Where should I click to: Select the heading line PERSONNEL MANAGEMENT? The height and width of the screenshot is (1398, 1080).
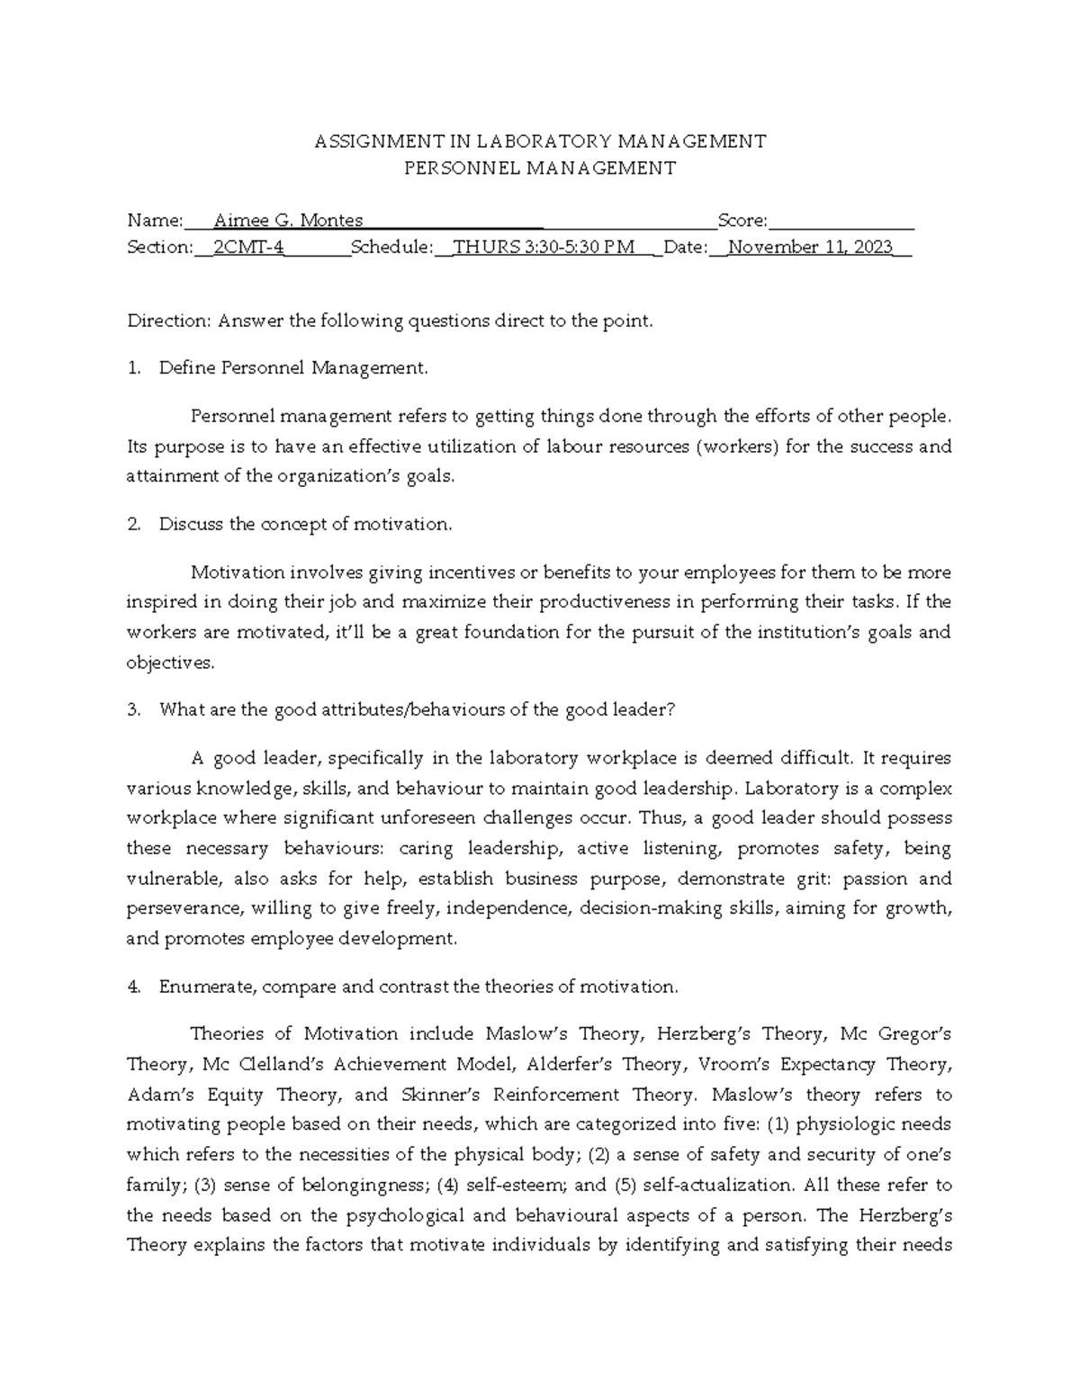click(539, 167)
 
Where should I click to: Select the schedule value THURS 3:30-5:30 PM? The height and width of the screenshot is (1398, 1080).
click(544, 248)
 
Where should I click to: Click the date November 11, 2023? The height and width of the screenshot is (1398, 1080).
click(810, 248)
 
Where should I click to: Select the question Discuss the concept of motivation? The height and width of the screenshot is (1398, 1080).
click(305, 525)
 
